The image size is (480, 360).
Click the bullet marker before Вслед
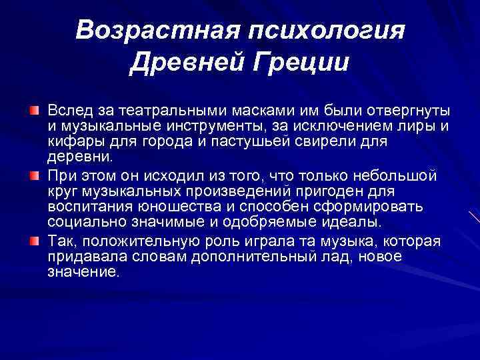[x=33, y=109]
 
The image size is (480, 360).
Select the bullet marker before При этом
[x=33, y=175]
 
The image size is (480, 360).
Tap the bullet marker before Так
[x=33, y=240]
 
